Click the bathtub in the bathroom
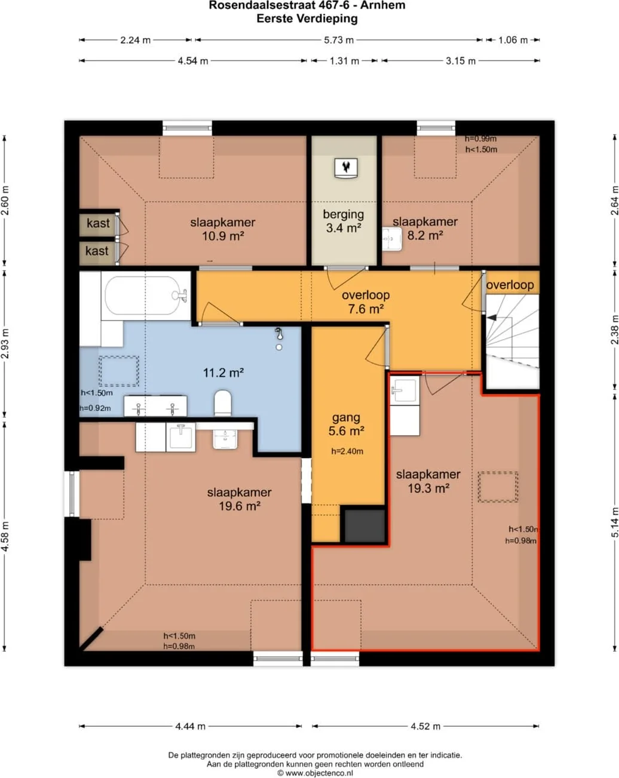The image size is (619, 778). click(x=146, y=296)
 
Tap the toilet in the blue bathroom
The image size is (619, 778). click(x=222, y=402)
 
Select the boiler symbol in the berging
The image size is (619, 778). click(x=346, y=168)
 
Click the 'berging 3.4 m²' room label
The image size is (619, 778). click(x=344, y=221)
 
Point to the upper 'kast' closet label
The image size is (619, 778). click(x=98, y=223)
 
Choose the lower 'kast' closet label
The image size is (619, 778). click(x=97, y=251)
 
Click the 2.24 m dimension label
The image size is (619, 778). click(x=135, y=40)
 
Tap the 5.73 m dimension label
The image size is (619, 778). click(x=339, y=40)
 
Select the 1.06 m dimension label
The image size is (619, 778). click(x=513, y=40)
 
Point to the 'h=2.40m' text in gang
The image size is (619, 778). click(x=347, y=451)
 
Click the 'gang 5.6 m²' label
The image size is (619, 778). click(x=346, y=424)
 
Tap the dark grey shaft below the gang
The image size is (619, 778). click(x=364, y=526)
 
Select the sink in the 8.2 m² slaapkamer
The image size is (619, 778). click(x=392, y=239)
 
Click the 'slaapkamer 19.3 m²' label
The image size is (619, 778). click(x=428, y=481)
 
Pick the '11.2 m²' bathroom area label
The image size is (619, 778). click(x=223, y=373)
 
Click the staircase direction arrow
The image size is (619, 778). click(x=491, y=318)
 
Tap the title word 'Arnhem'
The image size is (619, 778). click(x=383, y=5)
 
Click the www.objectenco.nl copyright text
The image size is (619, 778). click(x=315, y=773)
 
